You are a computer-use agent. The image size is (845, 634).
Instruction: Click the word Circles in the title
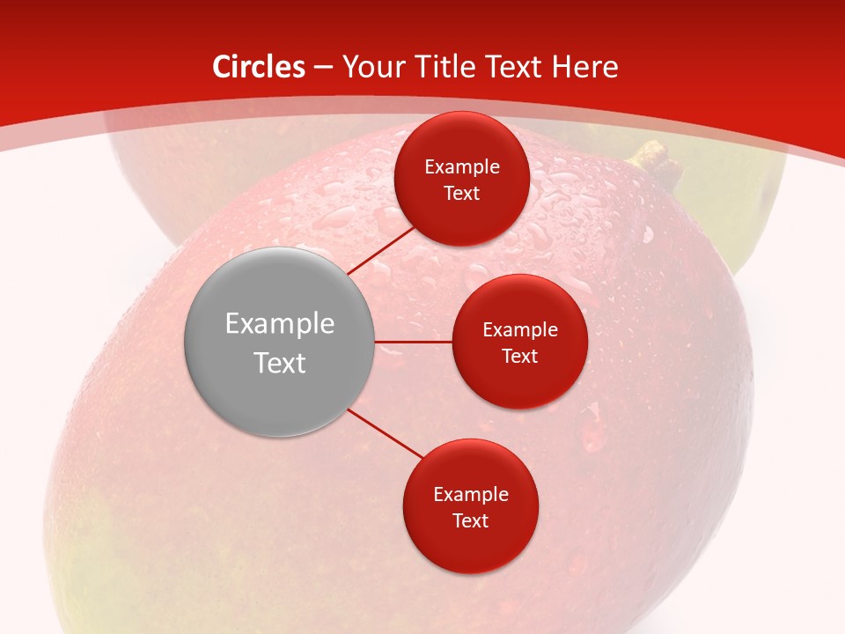tap(258, 67)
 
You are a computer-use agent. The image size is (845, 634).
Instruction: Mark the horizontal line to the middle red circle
tap(414, 342)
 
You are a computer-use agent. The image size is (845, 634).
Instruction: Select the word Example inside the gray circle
tap(280, 324)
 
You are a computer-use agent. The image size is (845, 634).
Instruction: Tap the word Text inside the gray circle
tap(280, 363)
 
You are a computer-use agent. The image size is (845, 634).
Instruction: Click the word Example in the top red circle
tap(462, 167)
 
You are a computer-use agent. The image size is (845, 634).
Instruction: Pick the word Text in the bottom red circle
tap(470, 520)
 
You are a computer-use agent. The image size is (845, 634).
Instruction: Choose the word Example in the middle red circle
tap(520, 330)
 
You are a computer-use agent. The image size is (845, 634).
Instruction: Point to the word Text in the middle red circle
tap(520, 356)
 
